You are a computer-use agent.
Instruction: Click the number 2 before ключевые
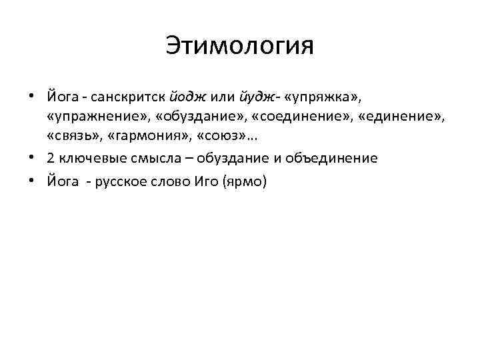51,159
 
